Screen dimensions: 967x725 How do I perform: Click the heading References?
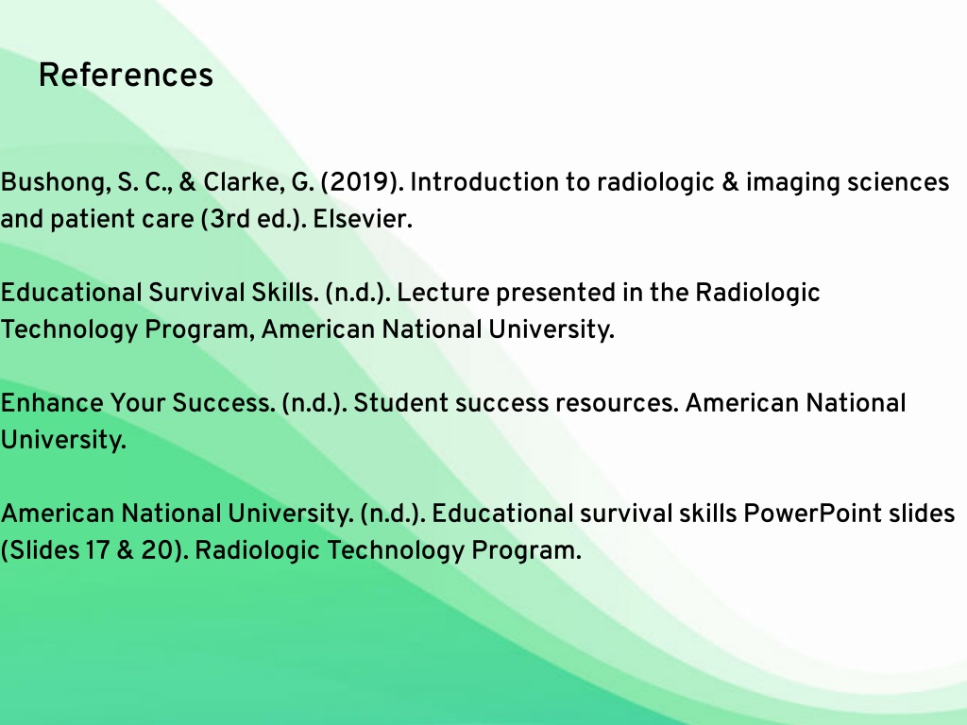click(x=126, y=76)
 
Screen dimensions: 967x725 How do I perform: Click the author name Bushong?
click(x=54, y=183)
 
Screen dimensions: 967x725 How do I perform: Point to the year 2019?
click(x=358, y=182)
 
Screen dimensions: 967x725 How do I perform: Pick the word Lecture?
click(x=443, y=293)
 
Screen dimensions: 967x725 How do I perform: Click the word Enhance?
click(x=52, y=403)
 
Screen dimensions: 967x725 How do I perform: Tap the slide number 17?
click(x=97, y=550)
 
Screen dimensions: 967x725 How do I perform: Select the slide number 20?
click(x=156, y=550)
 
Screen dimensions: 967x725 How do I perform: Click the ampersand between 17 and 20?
click(x=126, y=550)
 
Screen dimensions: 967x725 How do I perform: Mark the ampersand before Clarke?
click(x=188, y=182)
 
